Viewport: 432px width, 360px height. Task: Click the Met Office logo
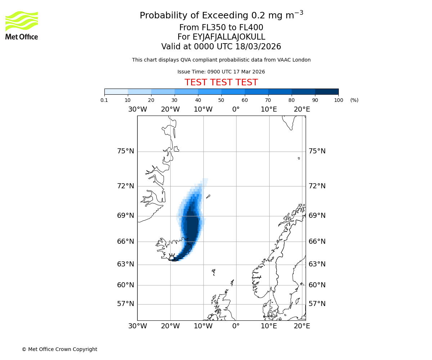point(22,25)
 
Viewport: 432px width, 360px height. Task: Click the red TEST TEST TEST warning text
point(221,82)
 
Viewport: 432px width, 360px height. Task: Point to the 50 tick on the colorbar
point(221,100)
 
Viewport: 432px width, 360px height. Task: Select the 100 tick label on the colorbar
point(338,100)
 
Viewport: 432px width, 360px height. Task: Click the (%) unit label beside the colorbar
point(354,100)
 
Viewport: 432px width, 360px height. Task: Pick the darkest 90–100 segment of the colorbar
point(327,91)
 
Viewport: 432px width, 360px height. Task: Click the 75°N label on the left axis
point(126,151)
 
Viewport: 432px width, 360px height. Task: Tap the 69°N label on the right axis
point(317,216)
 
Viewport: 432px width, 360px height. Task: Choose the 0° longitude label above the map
point(236,109)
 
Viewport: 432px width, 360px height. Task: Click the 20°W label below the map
point(170,326)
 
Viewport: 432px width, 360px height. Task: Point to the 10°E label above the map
point(269,109)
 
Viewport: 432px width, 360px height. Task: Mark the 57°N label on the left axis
point(126,304)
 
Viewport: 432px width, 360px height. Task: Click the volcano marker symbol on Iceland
point(172,257)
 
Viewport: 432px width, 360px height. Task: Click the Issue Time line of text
point(221,72)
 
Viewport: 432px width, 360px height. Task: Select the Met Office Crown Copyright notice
point(59,349)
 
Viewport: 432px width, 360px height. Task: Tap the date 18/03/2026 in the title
point(258,47)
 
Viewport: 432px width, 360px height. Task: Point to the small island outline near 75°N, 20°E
point(299,158)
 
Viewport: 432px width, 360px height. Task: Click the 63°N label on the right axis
point(317,264)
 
